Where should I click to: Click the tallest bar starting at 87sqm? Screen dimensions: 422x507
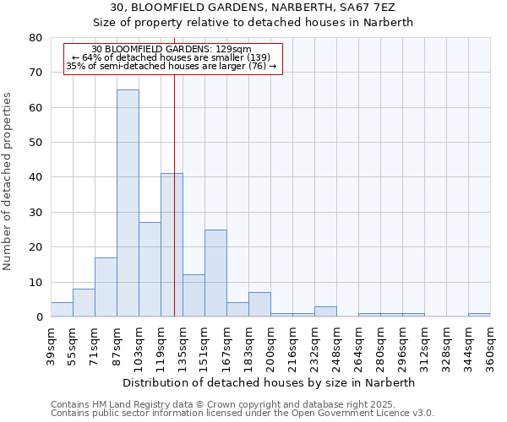pos(128,203)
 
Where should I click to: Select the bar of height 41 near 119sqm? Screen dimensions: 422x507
pos(172,245)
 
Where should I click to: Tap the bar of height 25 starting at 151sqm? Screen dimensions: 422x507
pos(215,273)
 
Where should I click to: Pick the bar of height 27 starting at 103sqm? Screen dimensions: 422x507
pos(150,269)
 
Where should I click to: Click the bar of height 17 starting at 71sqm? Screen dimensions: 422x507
pos(106,287)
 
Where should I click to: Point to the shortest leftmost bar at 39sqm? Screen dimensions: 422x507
pos(62,310)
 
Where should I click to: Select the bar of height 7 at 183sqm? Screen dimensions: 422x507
pos(259,305)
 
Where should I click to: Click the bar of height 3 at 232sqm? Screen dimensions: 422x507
pos(325,311)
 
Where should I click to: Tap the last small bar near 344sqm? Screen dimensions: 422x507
pos(479,315)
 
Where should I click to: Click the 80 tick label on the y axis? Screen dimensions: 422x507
pos(35,38)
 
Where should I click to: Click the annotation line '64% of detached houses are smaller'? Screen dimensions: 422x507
pos(172,57)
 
